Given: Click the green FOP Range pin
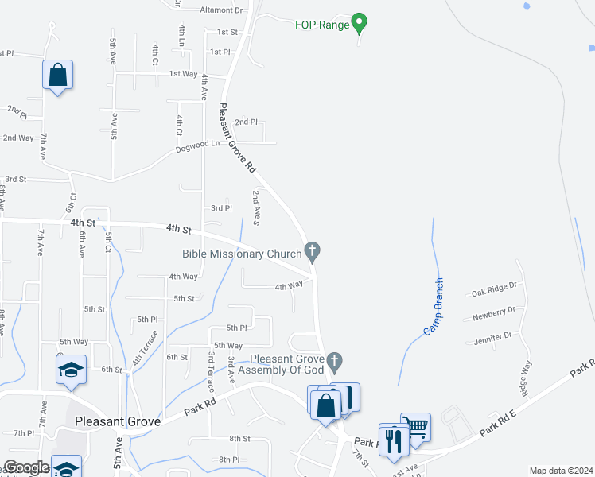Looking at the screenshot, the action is click(x=359, y=23).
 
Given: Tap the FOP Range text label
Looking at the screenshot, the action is click(x=321, y=25).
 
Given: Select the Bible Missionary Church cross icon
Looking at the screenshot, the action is click(x=313, y=253).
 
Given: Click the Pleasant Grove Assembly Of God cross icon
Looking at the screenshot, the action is click(x=335, y=363).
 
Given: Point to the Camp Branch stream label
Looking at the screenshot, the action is click(x=433, y=306).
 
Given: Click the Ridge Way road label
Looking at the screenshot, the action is click(x=524, y=376).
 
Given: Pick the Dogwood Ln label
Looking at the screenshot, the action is click(x=197, y=145).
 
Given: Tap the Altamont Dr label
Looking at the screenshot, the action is click(x=221, y=10).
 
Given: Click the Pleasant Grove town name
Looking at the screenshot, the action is click(x=118, y=421).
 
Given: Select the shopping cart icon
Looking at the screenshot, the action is click(x=415, y=426).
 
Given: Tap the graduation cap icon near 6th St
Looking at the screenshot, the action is click(x=71, y=370).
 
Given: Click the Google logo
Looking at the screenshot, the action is click(x=25, y=467).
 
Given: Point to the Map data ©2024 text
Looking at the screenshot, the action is click(x=560, y=471).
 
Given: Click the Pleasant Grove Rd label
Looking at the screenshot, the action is click(x=237, y=138).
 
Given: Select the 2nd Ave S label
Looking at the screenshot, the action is click(x=256, y=207).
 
